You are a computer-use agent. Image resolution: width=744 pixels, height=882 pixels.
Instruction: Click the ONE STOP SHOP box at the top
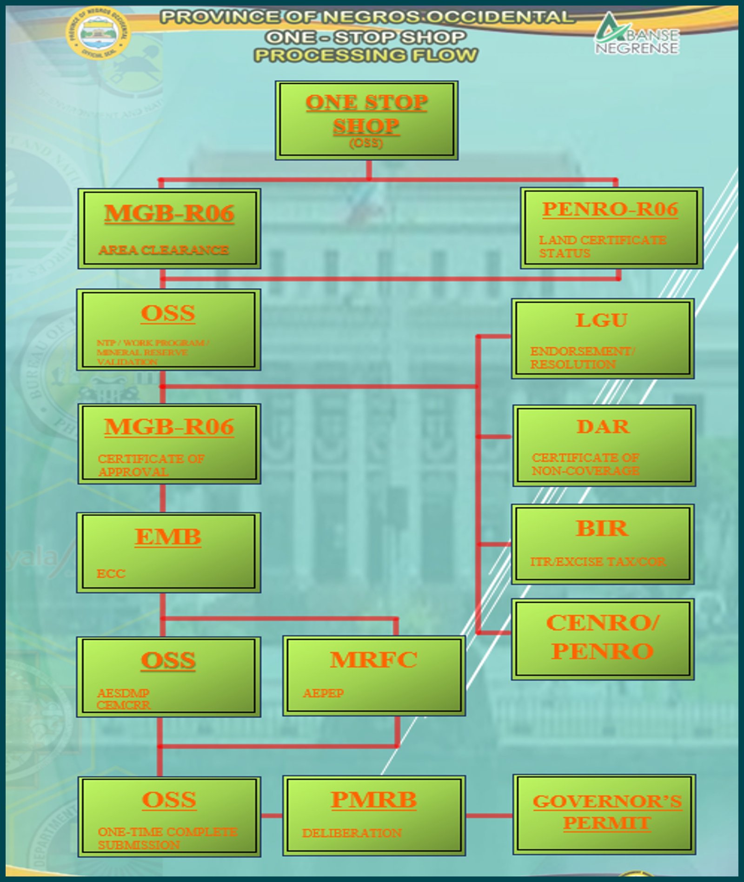366,120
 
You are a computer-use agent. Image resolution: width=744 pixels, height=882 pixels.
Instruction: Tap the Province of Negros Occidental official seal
98,33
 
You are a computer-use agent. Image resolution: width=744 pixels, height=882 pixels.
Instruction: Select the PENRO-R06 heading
610,209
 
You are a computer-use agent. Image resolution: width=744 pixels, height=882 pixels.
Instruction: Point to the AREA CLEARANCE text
163,250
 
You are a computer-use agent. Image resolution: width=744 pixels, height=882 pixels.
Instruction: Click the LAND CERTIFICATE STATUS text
602,246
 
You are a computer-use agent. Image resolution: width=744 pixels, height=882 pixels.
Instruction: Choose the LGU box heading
602,320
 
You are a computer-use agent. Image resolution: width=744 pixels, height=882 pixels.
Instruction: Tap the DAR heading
603,427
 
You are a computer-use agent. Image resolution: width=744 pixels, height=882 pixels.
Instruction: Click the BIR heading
602,529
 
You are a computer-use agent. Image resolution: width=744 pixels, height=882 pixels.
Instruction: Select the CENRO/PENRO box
603,638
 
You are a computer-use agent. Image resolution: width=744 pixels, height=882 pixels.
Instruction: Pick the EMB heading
168,537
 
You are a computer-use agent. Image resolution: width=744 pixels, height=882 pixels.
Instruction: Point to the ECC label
111,574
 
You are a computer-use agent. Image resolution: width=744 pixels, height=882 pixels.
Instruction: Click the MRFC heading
373,660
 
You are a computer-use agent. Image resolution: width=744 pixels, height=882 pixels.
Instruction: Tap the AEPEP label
323,693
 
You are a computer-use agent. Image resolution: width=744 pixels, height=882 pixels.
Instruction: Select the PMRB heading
373,800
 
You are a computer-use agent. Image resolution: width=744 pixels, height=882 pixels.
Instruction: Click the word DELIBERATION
352,833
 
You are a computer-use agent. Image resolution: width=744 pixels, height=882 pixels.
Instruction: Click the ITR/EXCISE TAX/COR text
598,562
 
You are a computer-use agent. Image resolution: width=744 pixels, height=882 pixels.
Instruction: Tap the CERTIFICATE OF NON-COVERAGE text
585,464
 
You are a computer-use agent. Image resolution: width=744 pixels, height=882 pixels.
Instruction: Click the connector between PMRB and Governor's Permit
489,816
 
